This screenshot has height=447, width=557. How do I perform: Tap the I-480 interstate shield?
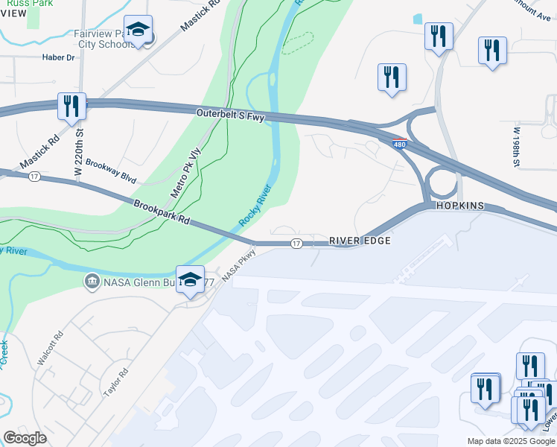point(400,144)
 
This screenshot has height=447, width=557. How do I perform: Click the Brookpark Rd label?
point(163,212)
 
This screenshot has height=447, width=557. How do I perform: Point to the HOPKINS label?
point(460,206)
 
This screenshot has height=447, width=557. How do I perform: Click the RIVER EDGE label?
point(360,241)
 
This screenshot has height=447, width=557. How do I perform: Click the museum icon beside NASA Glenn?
point(91,282)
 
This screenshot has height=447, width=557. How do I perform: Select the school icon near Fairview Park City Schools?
point(138,29)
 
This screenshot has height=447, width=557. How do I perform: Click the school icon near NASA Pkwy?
point(191,279)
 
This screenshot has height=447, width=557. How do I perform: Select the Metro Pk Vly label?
point(186,174)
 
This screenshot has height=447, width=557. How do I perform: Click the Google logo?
point(25,438)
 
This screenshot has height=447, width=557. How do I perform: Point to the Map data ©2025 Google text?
point(511,441)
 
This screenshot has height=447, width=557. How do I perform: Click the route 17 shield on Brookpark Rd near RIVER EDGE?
point(296,244)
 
